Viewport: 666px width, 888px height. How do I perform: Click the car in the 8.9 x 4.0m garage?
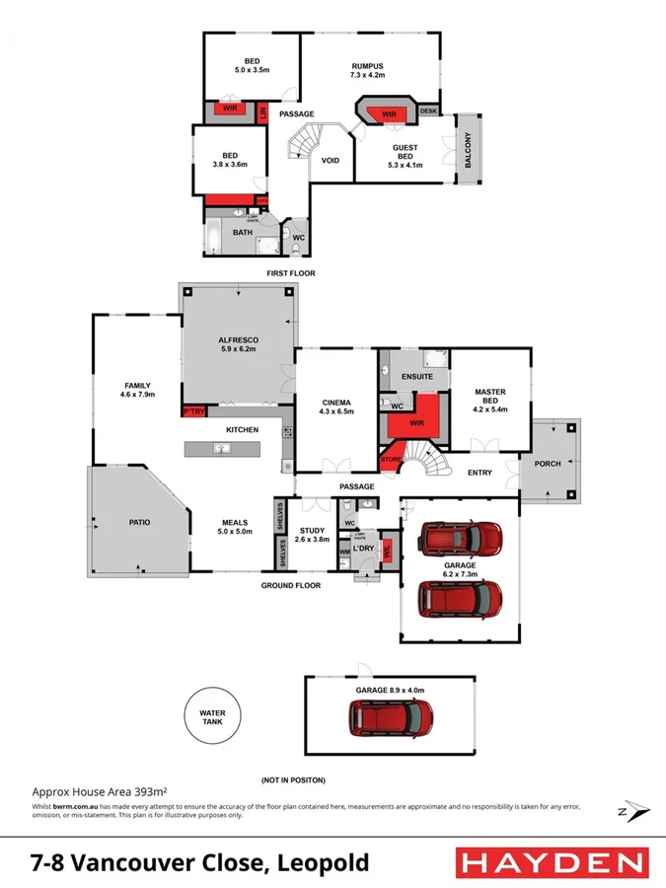[x=390, y=718]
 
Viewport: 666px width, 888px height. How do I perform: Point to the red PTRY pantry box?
[x=192, y=411]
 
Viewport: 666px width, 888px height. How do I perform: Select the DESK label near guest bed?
[x=428, y=111]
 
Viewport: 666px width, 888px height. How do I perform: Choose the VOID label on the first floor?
[x=331, y=162]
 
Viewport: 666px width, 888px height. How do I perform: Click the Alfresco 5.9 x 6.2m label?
[x=238, y=343]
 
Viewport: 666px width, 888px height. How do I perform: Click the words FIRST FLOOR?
[x=291, y=272]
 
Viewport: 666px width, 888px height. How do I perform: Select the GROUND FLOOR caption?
[x=291, y=586]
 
